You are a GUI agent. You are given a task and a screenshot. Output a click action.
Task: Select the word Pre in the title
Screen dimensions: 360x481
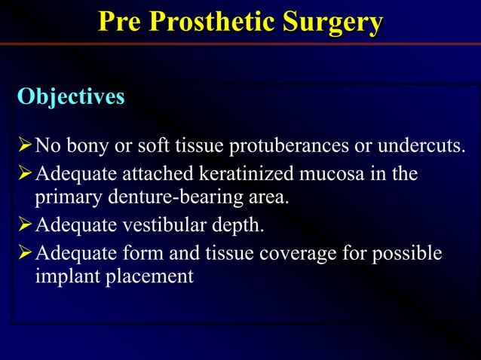point(120,23)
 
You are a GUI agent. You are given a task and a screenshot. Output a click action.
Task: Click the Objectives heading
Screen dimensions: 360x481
point(71,97)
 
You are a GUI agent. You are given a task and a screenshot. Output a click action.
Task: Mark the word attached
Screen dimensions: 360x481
point(158,174)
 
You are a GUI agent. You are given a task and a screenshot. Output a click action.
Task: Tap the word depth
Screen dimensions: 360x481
point(238,225)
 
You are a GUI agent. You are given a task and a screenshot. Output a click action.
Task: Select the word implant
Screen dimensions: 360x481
point(64,276)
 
